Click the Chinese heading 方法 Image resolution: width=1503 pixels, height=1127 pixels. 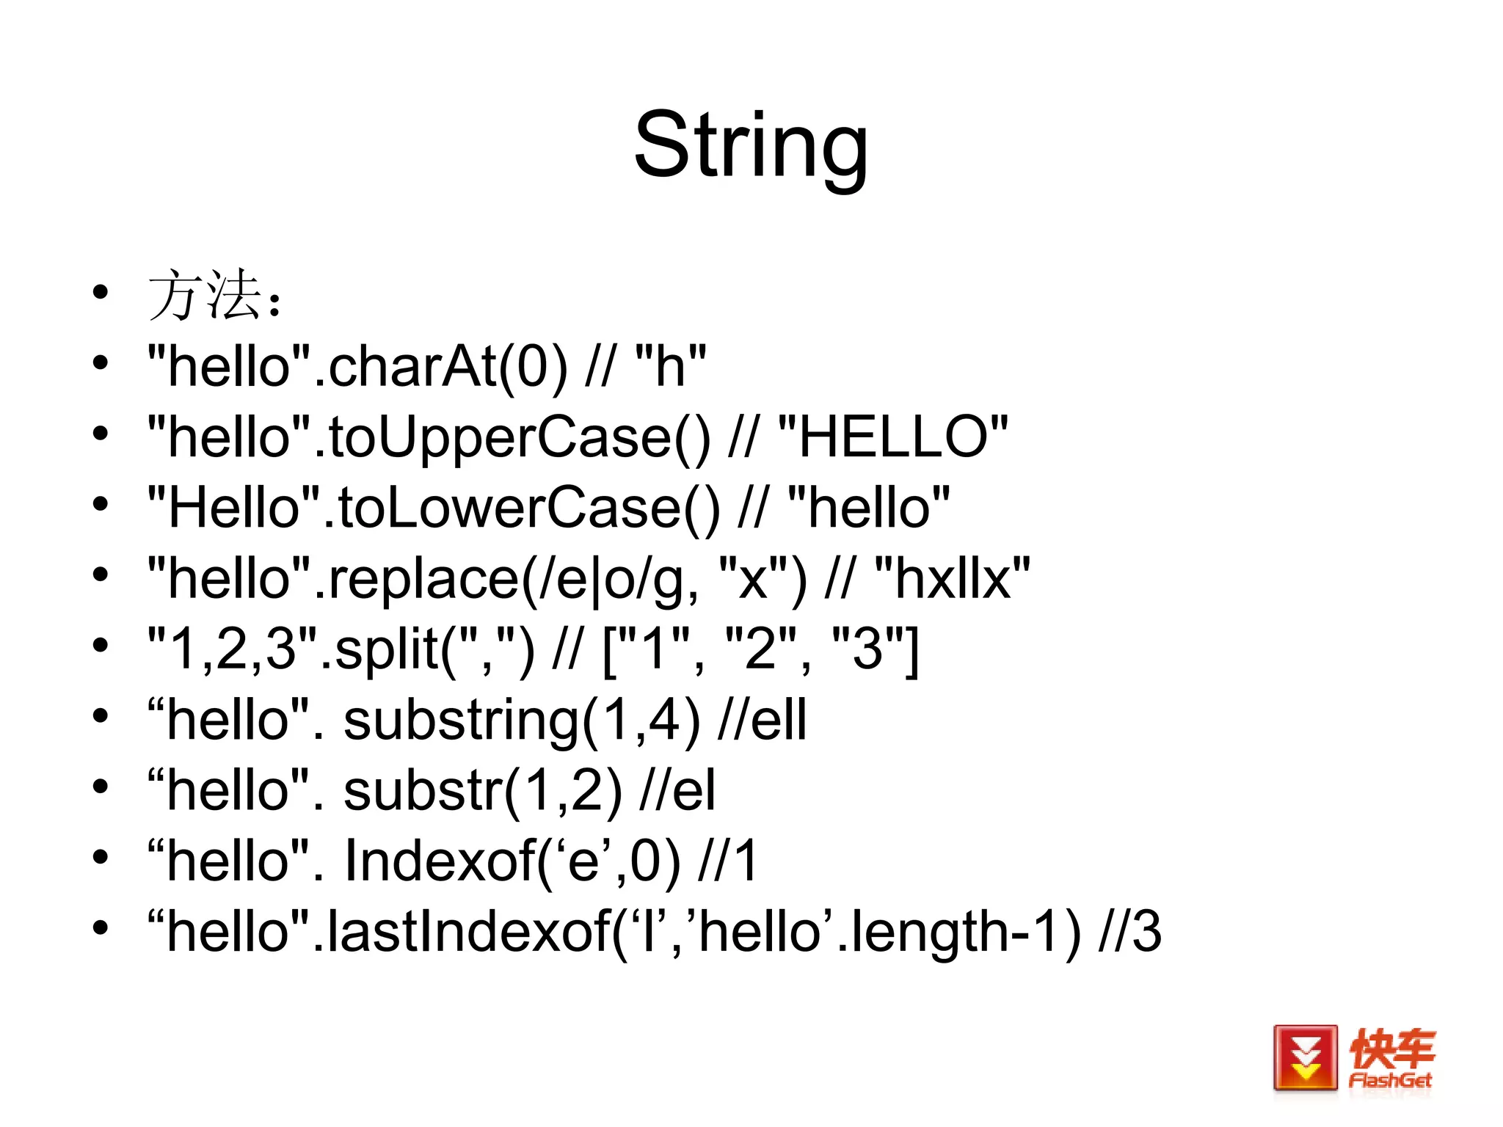coord(205,295)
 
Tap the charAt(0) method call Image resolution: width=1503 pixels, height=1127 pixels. coord(448,366)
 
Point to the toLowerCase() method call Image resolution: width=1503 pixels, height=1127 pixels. coord(528,508)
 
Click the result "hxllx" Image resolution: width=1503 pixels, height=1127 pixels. coord(953,578)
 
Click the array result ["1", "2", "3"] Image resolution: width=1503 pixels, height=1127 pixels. coord(760,649)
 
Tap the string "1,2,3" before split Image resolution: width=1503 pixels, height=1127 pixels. coord(232,649)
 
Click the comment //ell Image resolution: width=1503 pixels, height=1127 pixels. coord(763,720)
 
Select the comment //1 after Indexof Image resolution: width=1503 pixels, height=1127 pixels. coord(728,861)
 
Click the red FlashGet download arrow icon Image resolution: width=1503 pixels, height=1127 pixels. coord(1305,1058)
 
